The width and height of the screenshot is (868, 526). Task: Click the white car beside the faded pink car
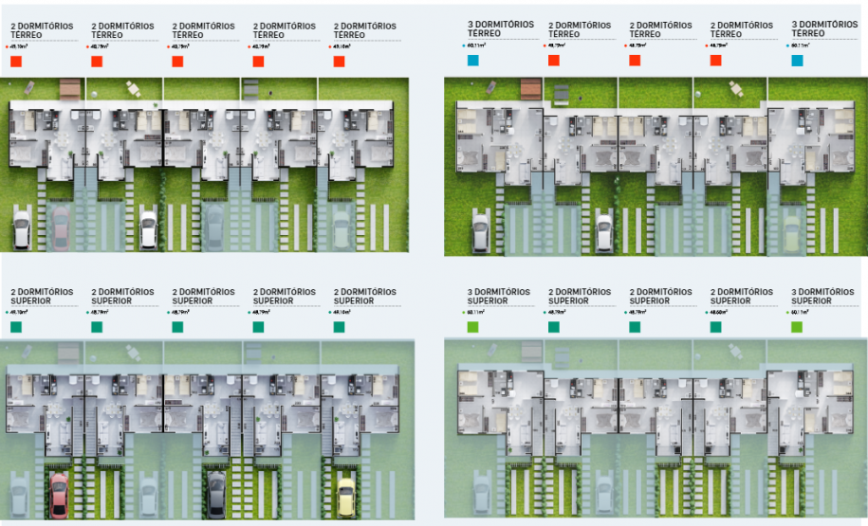point(22,228)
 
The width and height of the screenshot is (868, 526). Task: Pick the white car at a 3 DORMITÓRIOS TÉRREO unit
point(479,230)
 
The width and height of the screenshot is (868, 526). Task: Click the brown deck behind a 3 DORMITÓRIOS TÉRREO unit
point(531,88)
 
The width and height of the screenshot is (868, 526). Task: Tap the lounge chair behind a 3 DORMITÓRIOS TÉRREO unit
point(491,87)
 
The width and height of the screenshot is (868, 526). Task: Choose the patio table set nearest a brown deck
point(132,89)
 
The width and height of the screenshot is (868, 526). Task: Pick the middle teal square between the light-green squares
point(635,327)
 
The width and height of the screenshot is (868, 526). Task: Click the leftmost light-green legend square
point(473,327)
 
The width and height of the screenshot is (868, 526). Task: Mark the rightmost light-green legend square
point(797,327)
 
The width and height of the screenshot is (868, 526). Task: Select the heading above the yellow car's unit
point(364,296)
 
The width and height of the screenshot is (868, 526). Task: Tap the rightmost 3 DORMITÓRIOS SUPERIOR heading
point(822,296)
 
